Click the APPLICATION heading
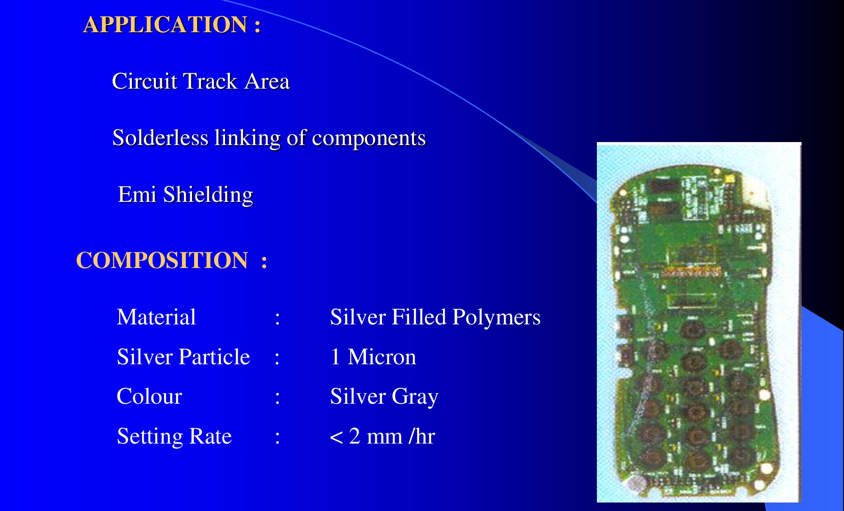coord(172,25)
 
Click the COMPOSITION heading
coord(171,260)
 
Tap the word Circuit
coord(145,81)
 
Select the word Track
coord(210,81)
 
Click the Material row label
coord(156,317)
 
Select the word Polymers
coord(496,318)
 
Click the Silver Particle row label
coord(184,357)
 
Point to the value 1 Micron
coord(373,357)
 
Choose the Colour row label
coord(149,397)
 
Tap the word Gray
coord(415,397)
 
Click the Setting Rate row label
coord(174,436)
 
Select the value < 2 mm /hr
coord(382,436)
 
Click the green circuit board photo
coord(699,322)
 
